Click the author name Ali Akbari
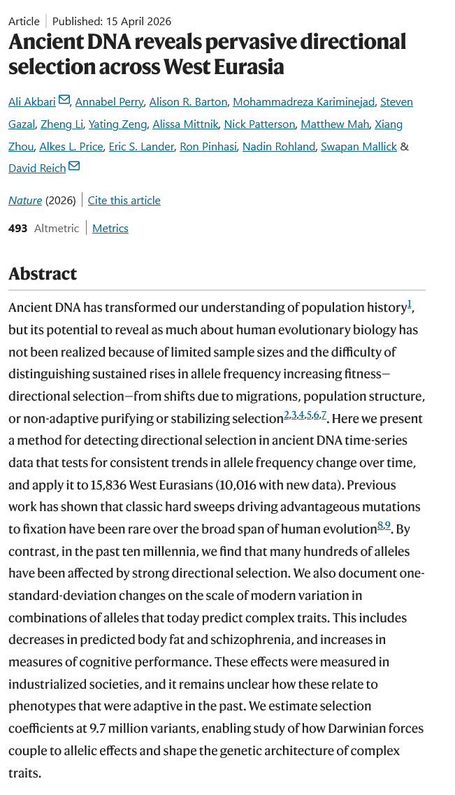(31, 102)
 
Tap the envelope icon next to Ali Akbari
(64, 101)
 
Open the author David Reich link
(37, 168)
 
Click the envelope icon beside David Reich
(74, 166)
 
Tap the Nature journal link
(25, 201)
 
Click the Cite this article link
(124, 201)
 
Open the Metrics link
(110, 228)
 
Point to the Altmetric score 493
(18, 228)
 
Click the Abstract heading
(43, 273)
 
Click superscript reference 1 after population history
(410, 304)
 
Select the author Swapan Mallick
(359, 146)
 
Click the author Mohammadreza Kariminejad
(303, 102)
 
